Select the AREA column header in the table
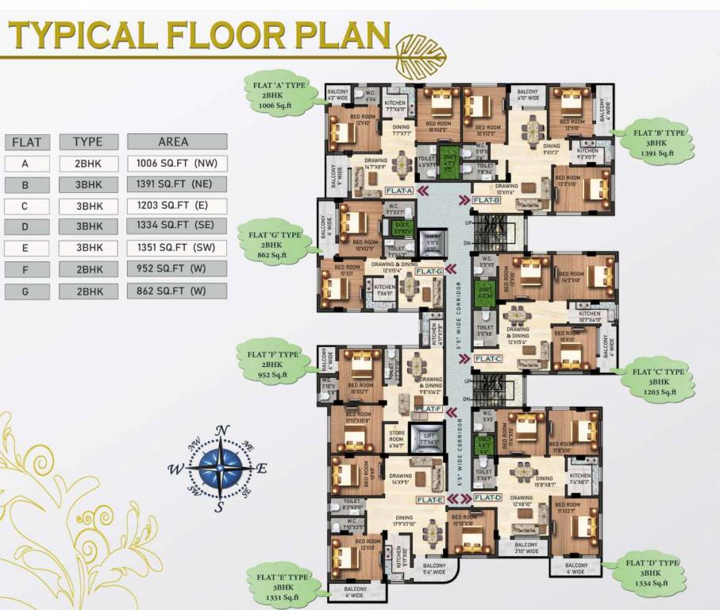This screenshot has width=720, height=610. pos(176,142)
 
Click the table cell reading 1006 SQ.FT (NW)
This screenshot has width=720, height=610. pos(176,164)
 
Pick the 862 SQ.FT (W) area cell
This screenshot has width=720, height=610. pos(176,291)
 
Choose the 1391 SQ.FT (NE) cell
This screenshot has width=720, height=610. pos(176,185)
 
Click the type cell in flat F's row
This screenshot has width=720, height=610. pos(88,270)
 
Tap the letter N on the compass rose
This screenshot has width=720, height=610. pos(223,431)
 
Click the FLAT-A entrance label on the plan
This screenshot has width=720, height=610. pos(399,191)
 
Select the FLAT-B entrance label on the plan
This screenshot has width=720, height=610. pos(486,200)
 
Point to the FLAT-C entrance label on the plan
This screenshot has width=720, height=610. pos(487,359)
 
